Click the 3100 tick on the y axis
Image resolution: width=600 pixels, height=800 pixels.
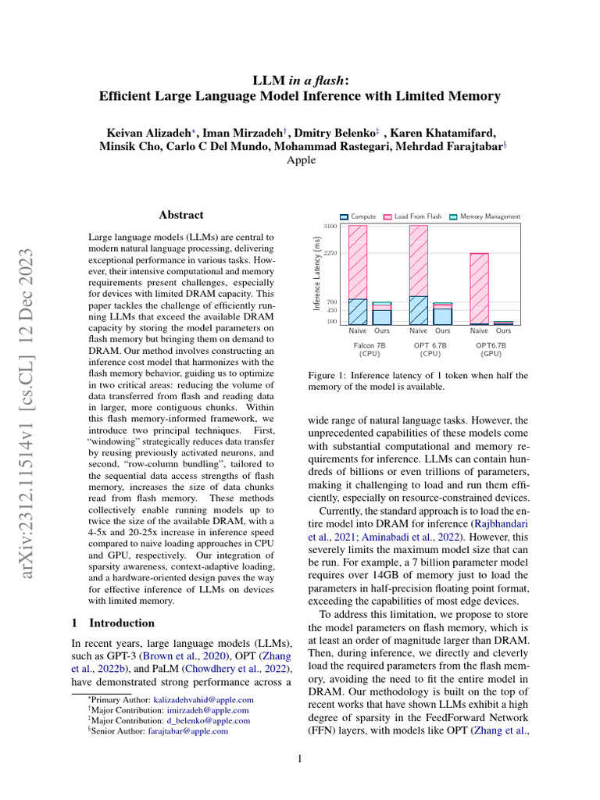pos(330,226)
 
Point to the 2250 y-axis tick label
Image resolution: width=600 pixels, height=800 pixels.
pos(330,253)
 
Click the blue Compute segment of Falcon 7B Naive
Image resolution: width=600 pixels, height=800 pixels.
pos(358,312)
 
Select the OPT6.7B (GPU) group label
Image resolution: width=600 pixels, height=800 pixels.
pos(491,348)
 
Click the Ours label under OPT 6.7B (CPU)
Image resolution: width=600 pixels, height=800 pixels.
pos(443,331)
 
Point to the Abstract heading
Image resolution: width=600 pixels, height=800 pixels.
pos(181,215)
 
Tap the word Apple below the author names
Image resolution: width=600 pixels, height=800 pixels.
pos(301,160)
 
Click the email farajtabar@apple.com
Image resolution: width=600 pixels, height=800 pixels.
pos(188,731)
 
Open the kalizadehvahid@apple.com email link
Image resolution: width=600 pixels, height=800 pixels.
pos(203,700)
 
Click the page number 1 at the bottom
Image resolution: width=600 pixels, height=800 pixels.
pos(300,759)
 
